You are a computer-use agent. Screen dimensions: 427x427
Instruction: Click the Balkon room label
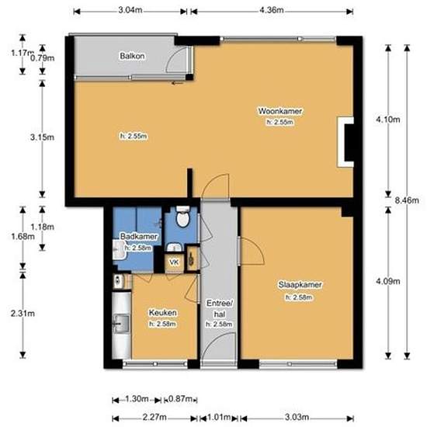pos(130,56)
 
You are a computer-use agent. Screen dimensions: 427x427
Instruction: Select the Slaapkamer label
pos(300,285)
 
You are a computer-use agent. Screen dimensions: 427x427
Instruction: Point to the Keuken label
pos(163,313)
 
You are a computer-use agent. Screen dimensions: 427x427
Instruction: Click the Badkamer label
pos(140,236)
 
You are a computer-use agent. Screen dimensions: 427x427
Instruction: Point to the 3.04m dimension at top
pos(130,10)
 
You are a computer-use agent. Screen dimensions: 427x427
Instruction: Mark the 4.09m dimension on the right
pos(386,282)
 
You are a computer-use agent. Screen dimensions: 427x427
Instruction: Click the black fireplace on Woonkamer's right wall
pos(346,143)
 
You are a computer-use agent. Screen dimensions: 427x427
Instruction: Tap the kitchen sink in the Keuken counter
pos(121,321)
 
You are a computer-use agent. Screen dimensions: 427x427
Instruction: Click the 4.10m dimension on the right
pos(386,119)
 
